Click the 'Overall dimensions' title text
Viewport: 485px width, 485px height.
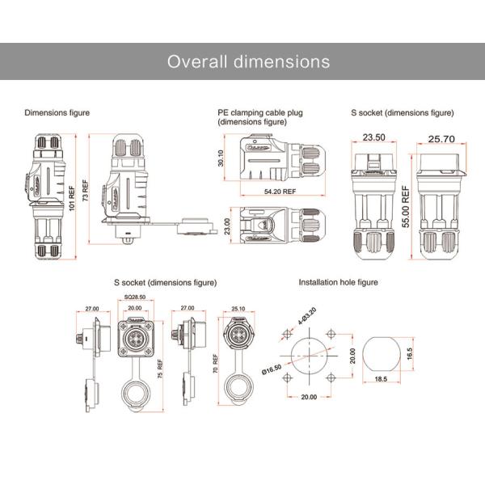tap(248, 62)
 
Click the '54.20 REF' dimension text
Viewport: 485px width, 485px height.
tap(280, 192)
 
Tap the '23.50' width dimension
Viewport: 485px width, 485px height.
tap(373, 138)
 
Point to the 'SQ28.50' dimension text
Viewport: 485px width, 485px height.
tap(135, 298)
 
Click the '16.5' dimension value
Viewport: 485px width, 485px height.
tap(409, 353)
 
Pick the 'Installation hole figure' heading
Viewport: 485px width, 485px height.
tap(338, 283)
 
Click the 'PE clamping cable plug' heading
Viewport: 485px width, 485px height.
tap(259, 112)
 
